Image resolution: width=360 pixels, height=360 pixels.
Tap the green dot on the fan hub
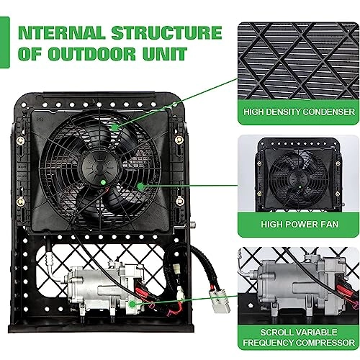click(105, 182)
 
